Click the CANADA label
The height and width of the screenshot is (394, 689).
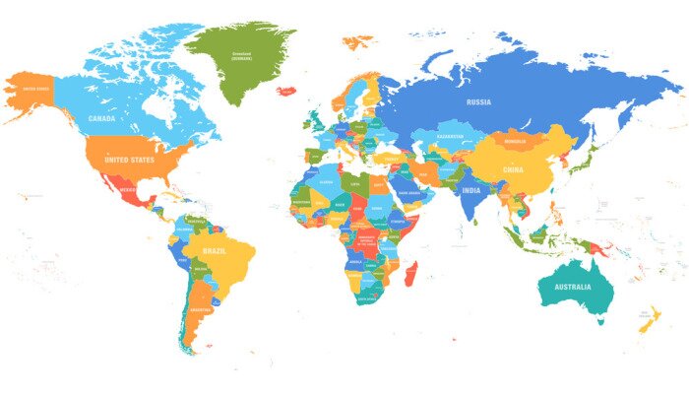102,118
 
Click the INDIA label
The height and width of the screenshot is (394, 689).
471,191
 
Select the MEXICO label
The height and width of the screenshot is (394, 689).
125,190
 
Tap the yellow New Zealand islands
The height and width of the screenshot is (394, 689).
650,320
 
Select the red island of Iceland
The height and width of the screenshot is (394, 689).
286,91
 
